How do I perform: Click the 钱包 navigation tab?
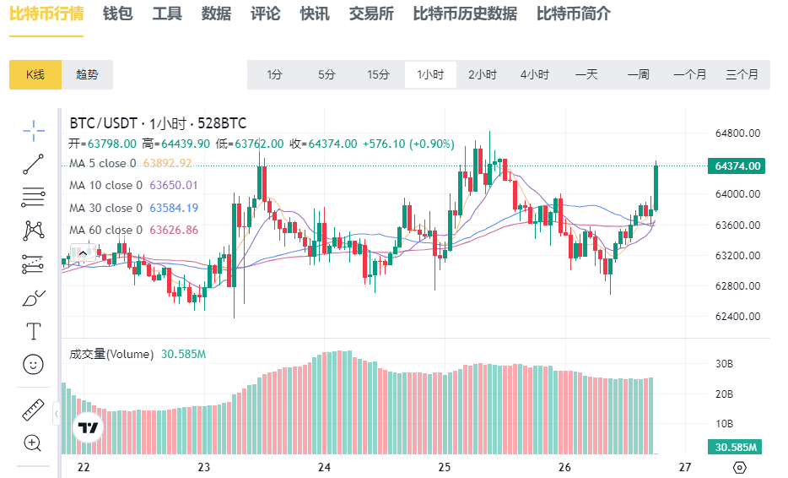pyautogui.click(x=117, y=14)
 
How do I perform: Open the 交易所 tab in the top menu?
pyautogui.click(x=371, y=14)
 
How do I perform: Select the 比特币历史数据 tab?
pyautogui.click(x=465, y=14)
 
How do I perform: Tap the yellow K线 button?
pyautogui.click(x=35, y=74)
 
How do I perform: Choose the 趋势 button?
pyautogui.click(x=87, y=74)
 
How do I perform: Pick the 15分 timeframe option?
pyautogui.click(x=378, y=74)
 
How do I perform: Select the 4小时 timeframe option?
pyautogui.click(x=534, y=74)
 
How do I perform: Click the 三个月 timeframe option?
pyautogui.click(x=742, y=74)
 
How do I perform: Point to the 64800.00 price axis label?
pyautogui.click(x=738, y=133)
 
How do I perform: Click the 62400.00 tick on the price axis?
pyautogui.click(x=738, y=317)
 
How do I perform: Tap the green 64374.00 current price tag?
pyautogui.click(x=737, y=166)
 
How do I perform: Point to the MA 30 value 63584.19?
pyautogui.click(x=174, y=208)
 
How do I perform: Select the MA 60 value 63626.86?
pyautogui.click(x=174, y=230)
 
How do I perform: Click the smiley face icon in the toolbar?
pyautogui.click(x=33, y=364)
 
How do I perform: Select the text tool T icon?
pyautogui.click(x=33, y=330)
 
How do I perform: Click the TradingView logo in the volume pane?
pyautogui.click(x=87, y=428)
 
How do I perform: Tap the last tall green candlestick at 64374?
pyautogui.click(x=656, y=187)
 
